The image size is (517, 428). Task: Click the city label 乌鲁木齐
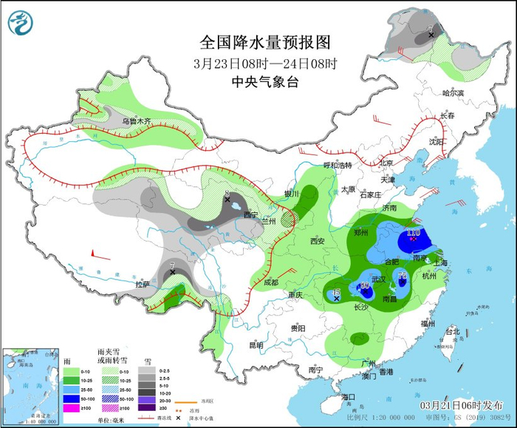click(x=136, y=120)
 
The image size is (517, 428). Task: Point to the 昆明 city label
click(x=256, y=344)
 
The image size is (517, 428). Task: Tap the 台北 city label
click(x=451, y=333)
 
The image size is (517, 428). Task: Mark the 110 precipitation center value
click(x=414, y=233)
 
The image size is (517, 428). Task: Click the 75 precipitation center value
click(x=403, y=276)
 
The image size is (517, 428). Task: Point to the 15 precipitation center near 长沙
click(x=336, y=293)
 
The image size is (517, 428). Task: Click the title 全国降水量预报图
click(x=264, y=41)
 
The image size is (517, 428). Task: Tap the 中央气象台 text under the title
click(x=264, y=82)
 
